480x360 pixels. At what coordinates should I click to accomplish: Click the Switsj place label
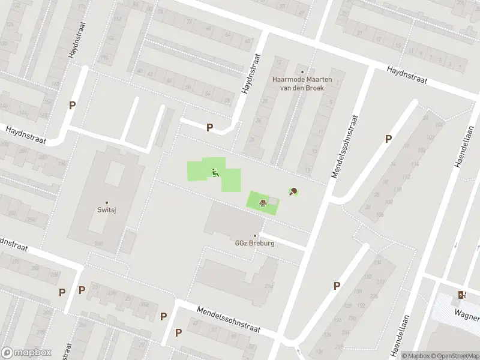tap(107, 210)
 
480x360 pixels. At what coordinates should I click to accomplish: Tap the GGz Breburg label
tap(255, 243)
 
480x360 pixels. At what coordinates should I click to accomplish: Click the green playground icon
tap(215, 173)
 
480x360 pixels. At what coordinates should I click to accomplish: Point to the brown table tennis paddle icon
tap(293, 192)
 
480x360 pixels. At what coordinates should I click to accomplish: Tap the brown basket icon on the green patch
tap(262, 202)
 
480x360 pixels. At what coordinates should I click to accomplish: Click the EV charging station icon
tap(461, 295)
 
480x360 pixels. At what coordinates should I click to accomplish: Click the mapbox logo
tap(26, 353)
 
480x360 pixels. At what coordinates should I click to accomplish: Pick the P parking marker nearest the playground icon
tap(209, 127)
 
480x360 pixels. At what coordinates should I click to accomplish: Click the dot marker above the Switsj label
tap(107, 202)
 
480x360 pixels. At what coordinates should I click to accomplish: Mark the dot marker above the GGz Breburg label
tap(255, 235)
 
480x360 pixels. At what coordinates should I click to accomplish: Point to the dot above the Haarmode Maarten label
tap(302, 72)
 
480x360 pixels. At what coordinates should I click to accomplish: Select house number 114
tap(415, 164)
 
